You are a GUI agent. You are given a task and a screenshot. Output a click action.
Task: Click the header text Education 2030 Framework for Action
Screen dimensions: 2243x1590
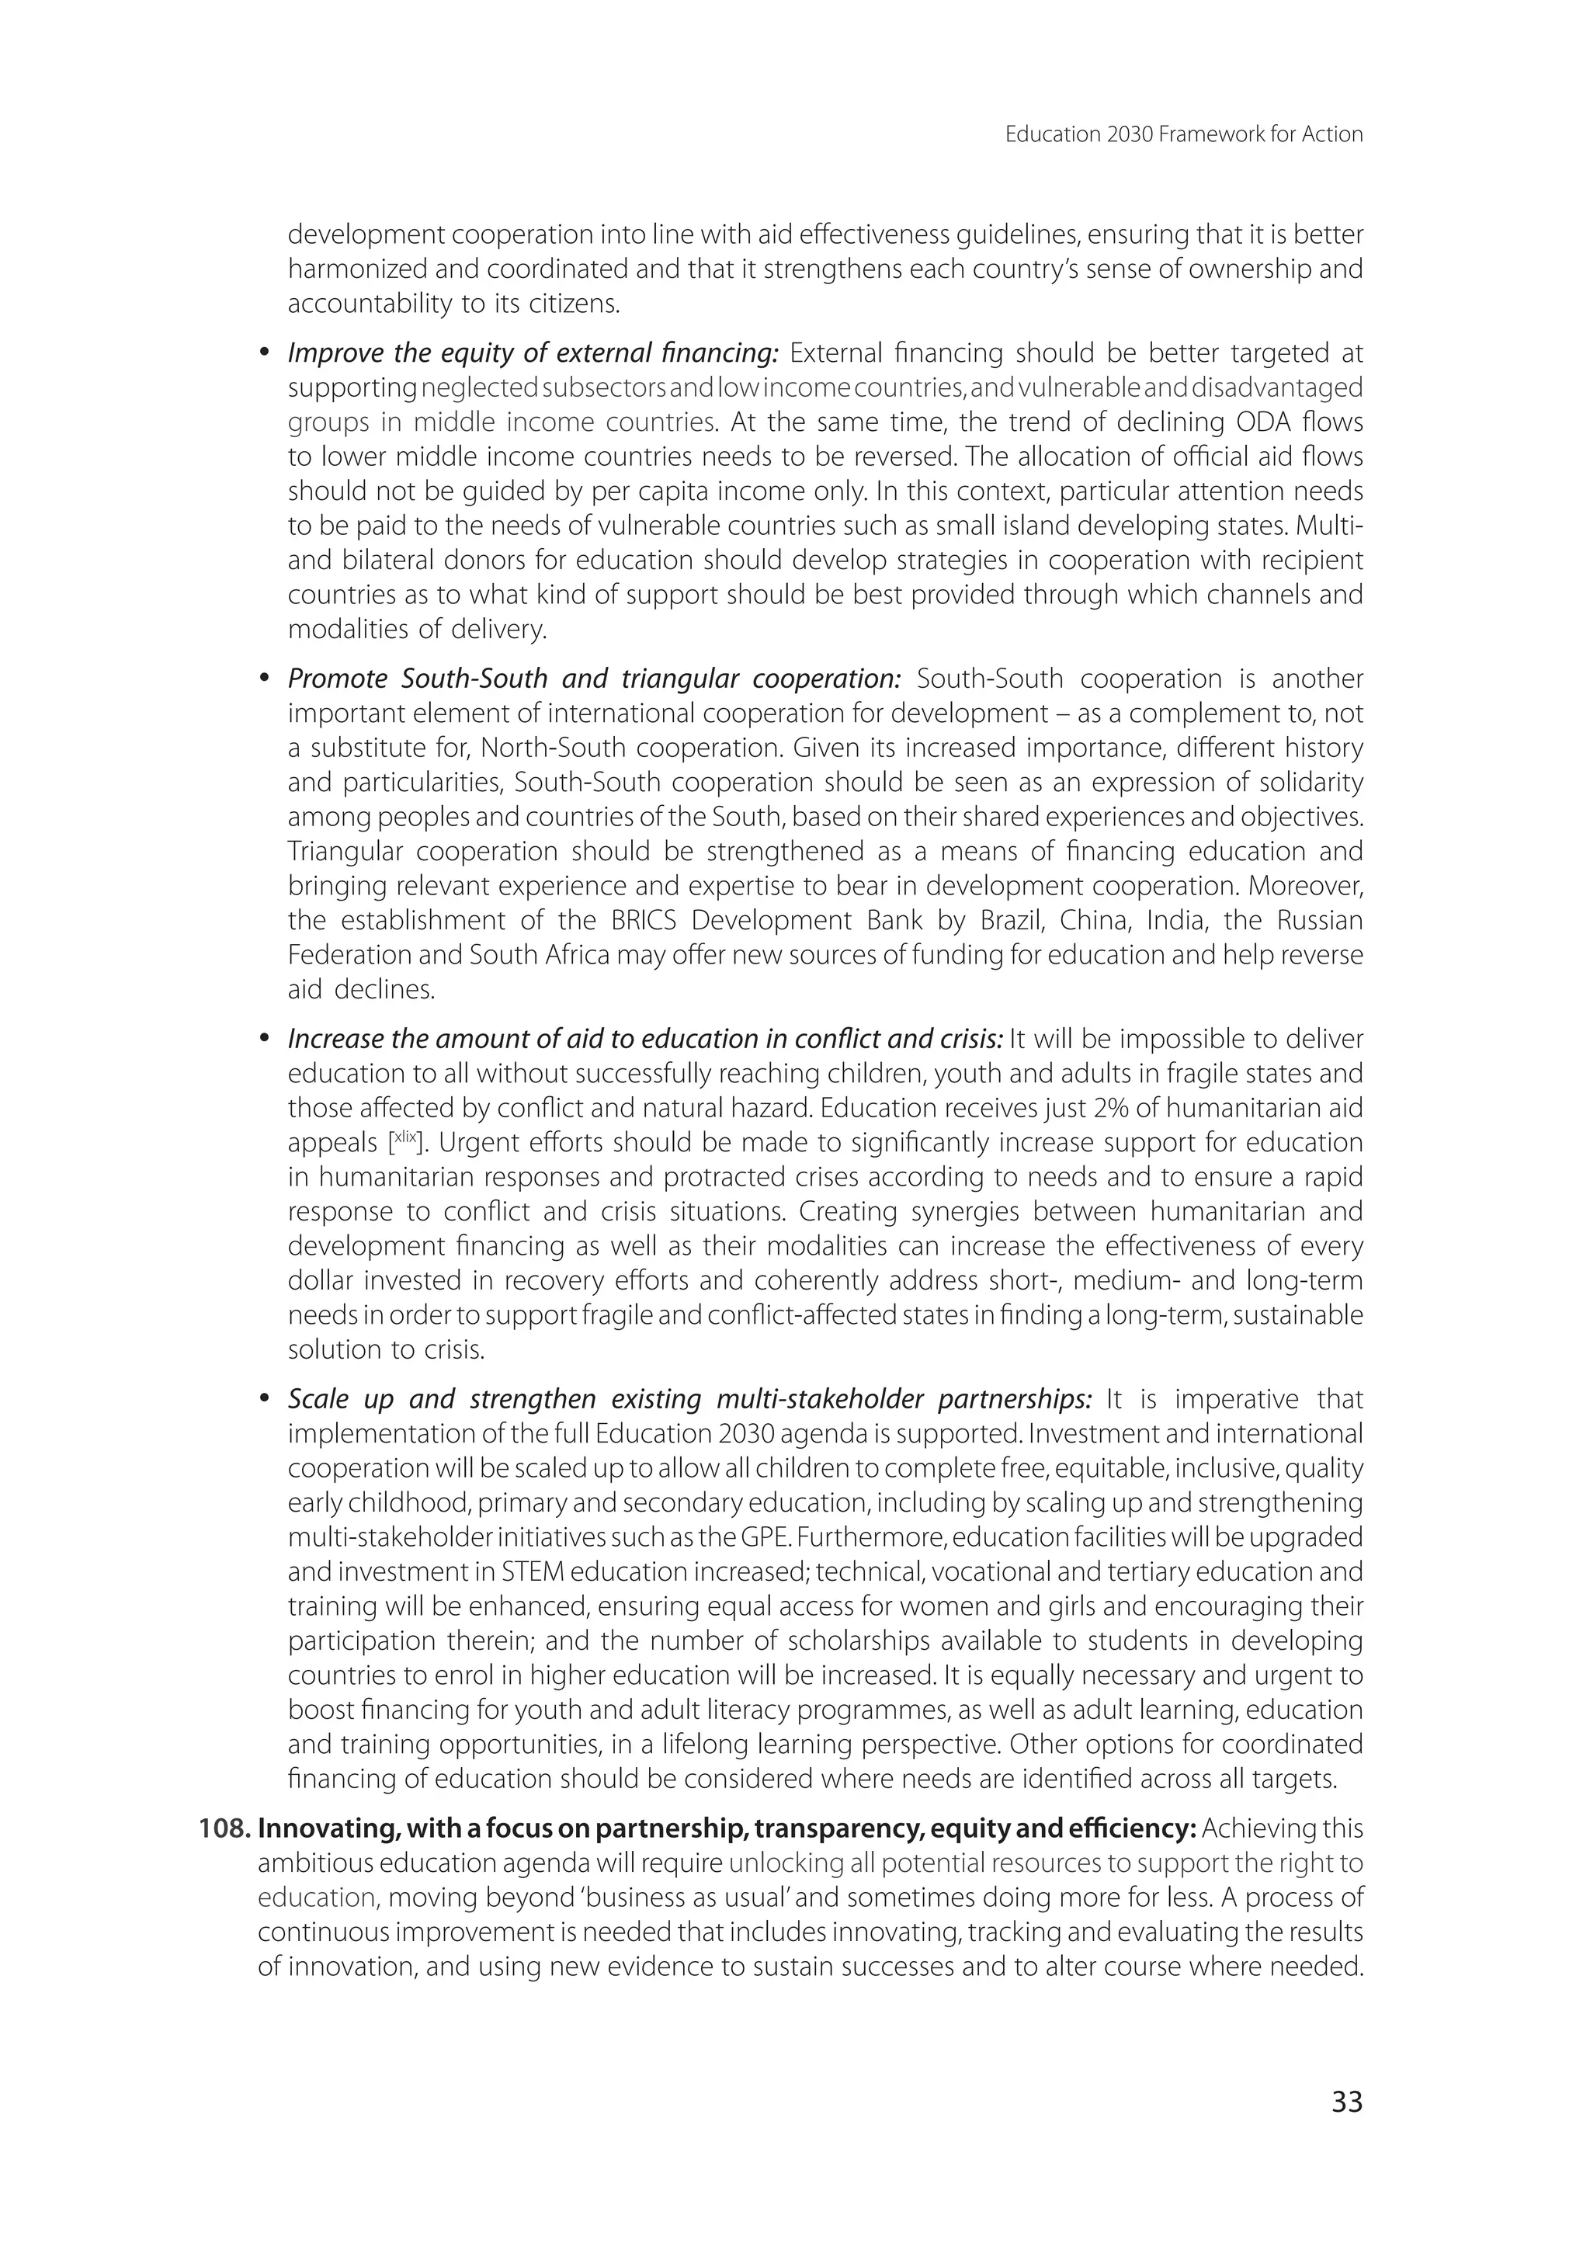pos(1184,134)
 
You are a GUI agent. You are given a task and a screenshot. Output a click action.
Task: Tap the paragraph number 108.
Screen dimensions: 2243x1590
pos(224,1829)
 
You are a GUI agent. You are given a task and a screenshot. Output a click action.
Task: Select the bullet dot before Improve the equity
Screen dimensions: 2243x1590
pos(263,353)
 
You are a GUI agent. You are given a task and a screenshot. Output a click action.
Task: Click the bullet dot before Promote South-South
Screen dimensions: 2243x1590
pos(263,679)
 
